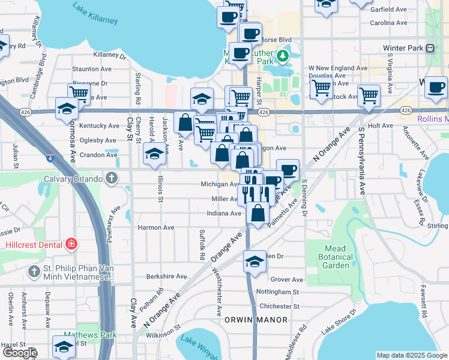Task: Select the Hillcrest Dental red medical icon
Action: coord(71,244)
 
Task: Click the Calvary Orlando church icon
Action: coord(111,178)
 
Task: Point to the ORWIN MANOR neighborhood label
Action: coord(256,320)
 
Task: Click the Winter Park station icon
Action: coord(430,49)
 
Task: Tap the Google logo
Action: coord(20,353)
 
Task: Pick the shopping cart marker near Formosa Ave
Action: coord(79,93)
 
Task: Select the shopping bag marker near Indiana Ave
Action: coord(258,212)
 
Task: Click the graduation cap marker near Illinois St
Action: coord(154,154)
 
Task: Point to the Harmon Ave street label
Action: coord(156,228)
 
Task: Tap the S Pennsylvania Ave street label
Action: coord(362,160)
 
